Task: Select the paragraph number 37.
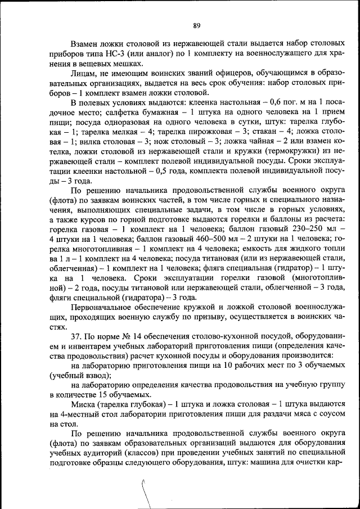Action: click(x=78, y=336)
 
